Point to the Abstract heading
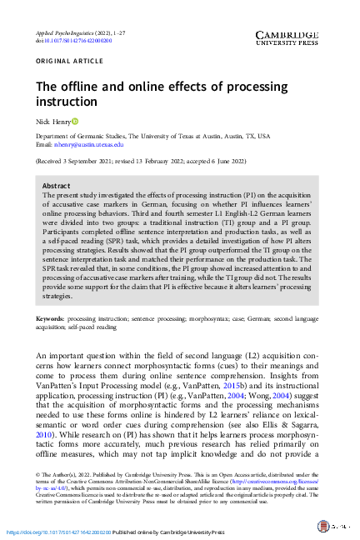[x=56, y=186]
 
